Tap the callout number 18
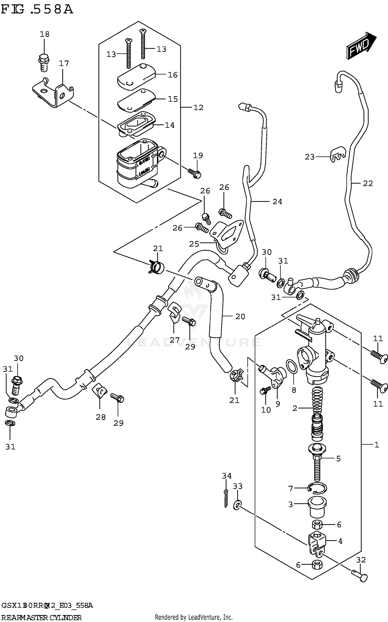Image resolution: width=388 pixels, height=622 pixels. point(44,34)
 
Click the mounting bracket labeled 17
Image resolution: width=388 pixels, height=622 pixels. point(53,93)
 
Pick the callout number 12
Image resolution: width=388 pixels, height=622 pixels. point(198,107)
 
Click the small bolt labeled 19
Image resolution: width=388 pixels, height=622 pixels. point(195,173)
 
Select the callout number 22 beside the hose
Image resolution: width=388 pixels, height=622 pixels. point(368,183)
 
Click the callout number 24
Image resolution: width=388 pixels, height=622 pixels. point(277,201)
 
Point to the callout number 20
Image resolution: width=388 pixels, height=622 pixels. point(240,316)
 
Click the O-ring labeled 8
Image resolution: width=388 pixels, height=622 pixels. point(292,367)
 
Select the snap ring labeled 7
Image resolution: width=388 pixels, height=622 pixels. point(318,488)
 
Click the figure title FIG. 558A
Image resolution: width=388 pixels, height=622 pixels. point(37,10)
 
